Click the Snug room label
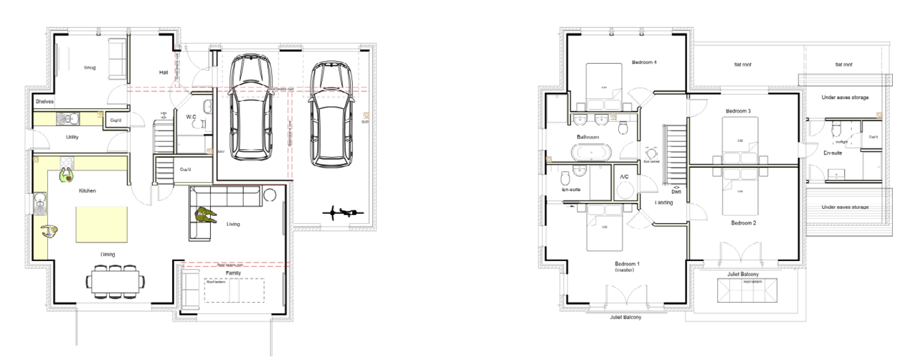pyautogui.click(x=90, y=68)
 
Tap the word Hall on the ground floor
pyautogui.click(x=164, y=72)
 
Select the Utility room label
pyautogui.click(x=72, y=136)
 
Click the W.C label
pyautogui.click(x=191, y=117)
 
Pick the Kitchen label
pyautogui.click(x=87, y=191)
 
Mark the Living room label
pyautogui.click(x=233, y=224)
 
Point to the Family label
pyautogui.click(x=234, y=273)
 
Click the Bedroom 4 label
pyautogui.click(x=644, y=62)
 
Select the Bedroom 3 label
pyautogui.click(x=738, y=111)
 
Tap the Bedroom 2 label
pyautogui.click(x=744, y=223)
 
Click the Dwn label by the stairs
pyautogui.click(x=676, y=191)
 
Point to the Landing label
pyautogui.click(x=664, y=203)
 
